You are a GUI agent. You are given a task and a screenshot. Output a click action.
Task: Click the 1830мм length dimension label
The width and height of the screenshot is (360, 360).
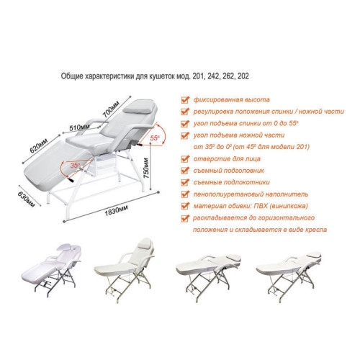116,211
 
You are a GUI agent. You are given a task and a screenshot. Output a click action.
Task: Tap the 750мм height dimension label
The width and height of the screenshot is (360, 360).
146,168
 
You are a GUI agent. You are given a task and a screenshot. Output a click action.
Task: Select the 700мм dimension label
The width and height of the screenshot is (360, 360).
111,109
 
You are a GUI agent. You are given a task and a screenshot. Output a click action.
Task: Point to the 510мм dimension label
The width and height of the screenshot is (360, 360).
79,127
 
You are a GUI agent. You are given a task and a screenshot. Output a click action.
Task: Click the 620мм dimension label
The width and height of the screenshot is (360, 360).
39,145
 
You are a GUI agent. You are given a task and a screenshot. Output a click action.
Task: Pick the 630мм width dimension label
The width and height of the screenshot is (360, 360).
26,199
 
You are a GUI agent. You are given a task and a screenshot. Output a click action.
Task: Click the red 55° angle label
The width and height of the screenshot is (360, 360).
155,138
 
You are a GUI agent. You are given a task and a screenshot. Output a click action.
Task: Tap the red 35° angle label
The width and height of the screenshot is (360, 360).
75,165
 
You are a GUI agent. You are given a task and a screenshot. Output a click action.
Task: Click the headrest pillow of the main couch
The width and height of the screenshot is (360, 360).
138,107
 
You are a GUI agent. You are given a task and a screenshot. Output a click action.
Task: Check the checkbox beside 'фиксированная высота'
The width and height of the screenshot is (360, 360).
185,99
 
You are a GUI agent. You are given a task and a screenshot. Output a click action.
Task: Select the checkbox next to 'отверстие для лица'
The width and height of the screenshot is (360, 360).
185,158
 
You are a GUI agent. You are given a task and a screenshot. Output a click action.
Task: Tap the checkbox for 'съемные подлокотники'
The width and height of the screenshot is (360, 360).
185,182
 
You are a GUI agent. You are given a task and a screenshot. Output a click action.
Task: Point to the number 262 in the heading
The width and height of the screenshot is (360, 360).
228,76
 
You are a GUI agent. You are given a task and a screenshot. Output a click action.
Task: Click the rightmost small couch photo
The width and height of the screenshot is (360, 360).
289,276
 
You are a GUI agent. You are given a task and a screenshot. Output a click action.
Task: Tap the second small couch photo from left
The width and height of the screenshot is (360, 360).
125,270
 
